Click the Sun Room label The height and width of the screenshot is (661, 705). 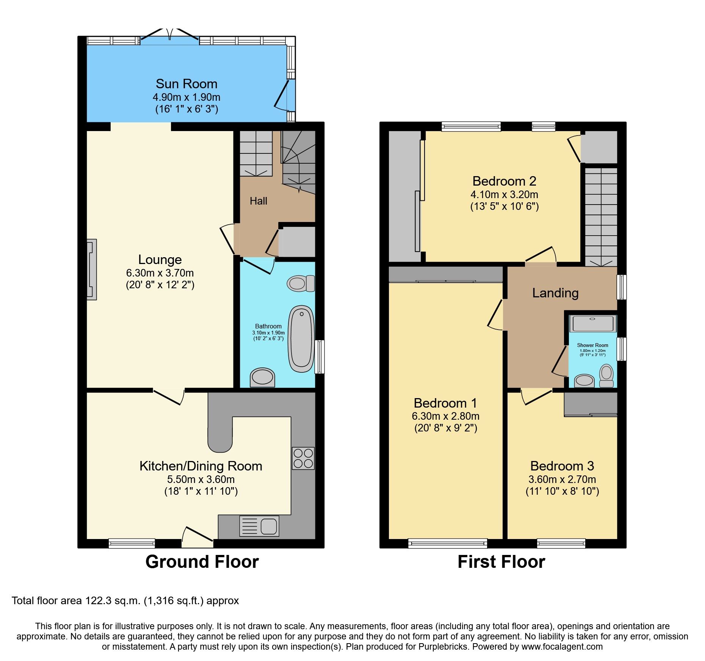click(186, 84)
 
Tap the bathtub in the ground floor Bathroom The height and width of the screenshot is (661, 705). click(301, 339)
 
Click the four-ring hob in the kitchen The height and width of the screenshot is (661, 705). click(303, 458)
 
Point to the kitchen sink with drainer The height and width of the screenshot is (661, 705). click(259, 526)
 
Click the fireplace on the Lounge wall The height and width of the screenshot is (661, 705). click(91, 269)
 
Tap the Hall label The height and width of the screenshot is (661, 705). click(258, 201)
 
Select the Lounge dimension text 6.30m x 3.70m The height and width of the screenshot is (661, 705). click(160, 273)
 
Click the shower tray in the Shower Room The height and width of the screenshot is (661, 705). click(593, 324)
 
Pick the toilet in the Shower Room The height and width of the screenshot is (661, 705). click(606, 375)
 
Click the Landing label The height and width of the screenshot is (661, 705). click(555, 293)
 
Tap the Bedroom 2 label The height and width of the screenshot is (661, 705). click(504, 181)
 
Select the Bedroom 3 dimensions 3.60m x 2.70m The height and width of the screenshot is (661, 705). click(562, 479)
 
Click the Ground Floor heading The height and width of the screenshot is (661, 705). click(202, 562)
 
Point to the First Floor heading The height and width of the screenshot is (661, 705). click(501, 562)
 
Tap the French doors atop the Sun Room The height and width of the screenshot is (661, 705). click(170, 37)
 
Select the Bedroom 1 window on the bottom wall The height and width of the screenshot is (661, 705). click(448, 544)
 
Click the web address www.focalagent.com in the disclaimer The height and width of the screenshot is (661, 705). click(562, 647)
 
